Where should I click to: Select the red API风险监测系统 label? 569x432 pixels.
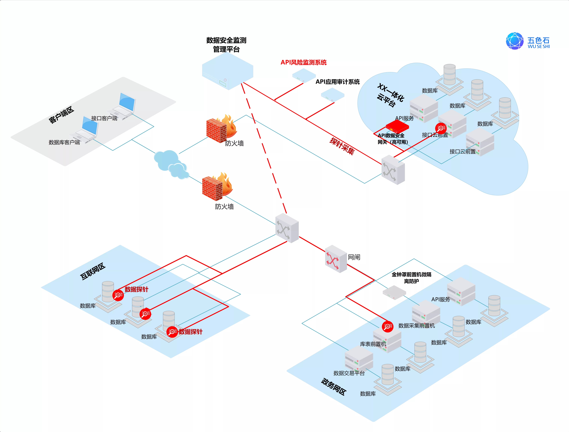coord(304,62)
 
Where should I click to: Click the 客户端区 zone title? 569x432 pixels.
coord(61,115)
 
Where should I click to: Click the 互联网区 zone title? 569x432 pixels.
coord(93,271)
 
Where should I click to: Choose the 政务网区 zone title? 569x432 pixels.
coord(334,387)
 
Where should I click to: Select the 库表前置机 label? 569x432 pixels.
coord(373,344)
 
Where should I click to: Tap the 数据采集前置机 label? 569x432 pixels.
coord(416,326)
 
